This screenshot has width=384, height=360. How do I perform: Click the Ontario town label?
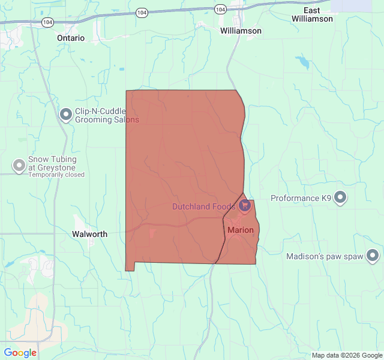71,38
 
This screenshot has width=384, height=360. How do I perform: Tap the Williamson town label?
241,31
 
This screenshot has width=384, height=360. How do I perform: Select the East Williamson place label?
312,15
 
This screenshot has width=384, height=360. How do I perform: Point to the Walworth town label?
89,234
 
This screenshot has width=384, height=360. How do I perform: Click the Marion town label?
240,230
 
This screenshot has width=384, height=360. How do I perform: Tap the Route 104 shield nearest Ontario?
47,22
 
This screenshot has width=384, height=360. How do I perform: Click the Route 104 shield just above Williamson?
220,9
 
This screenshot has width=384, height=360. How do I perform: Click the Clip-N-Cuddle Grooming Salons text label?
107,115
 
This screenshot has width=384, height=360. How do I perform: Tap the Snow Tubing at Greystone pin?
19,164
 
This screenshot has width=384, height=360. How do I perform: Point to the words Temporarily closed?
56,175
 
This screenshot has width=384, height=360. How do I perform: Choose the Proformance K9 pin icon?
341,197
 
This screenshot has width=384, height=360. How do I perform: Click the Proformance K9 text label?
301,198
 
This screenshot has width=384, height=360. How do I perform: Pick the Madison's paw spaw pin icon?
373,256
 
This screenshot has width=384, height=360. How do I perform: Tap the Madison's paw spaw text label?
325,256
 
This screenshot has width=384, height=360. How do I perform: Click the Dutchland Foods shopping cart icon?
244,206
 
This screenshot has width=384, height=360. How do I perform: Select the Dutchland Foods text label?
204,206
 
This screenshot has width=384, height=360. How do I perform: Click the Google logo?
20,353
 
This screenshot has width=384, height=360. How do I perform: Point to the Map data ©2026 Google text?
346,355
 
